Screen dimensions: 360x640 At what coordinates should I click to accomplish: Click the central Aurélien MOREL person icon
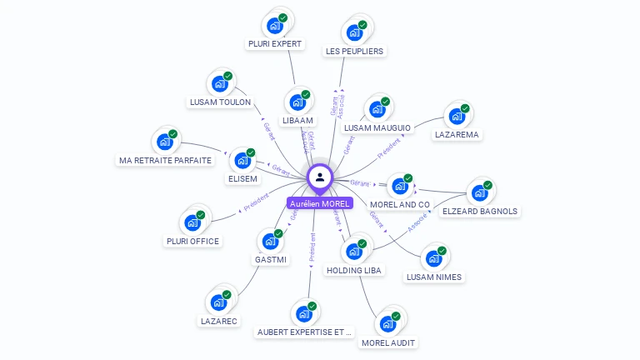[320, 177]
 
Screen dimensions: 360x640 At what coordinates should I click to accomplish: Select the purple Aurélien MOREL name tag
[320, 203]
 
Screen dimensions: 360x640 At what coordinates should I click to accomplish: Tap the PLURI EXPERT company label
[275, 43]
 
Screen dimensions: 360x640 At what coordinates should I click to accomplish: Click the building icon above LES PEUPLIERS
[354, 32]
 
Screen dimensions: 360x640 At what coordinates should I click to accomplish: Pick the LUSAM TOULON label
[220, 102]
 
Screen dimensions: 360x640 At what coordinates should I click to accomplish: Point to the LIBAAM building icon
[297, 102]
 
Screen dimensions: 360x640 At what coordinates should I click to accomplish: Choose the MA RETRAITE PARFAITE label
[165, 160]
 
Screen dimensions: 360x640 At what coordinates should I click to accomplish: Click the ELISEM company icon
[242, 160]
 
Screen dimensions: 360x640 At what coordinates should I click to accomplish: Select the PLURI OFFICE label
[192, 242]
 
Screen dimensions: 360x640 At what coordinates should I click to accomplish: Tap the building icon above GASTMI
[271, 242]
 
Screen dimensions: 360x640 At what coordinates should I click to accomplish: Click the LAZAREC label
[219, 321]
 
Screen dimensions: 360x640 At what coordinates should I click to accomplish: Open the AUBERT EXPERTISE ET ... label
[305, 332]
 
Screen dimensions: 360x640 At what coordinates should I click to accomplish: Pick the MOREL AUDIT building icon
[387, 324]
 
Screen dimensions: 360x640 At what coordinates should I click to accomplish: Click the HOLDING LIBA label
[354, 271]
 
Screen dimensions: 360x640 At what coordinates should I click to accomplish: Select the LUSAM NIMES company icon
[434, 258]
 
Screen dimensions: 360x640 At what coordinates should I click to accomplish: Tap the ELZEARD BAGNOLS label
[479, 212]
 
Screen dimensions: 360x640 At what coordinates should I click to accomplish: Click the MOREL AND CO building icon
[400, 186]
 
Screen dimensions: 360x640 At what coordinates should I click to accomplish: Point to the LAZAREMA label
[457, 134]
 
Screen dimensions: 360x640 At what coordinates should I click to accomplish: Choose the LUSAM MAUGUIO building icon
[377, 110]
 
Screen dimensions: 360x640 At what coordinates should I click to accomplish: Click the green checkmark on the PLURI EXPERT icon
[282, 17]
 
